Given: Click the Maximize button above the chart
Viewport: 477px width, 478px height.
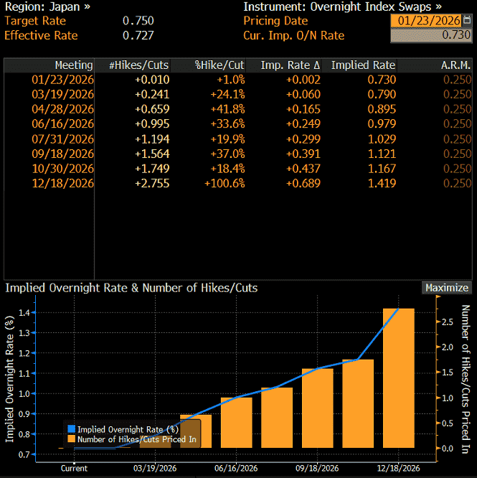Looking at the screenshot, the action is click(447, 288).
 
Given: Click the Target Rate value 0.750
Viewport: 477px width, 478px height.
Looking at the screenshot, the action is click(138, 21).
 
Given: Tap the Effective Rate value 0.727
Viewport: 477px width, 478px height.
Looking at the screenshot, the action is click(138, 35).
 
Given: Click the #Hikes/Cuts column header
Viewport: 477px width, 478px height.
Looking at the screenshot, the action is click(139, 65).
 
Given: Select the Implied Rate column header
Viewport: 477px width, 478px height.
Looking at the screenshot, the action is click(363, 65).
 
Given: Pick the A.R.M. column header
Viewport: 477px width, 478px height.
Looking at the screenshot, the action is click(455, 65).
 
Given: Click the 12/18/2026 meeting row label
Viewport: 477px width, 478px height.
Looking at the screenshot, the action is click(63, 183).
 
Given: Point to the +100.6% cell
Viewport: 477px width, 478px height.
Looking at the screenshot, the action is click(225, 183).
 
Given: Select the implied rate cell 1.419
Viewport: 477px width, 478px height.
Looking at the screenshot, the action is click(382, 183).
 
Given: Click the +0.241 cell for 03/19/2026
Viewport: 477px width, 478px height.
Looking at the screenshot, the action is click(152, 94).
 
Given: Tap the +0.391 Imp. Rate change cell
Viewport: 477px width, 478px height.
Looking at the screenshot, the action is click(303, 154).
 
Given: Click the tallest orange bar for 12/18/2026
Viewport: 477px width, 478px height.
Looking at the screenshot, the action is click(398, 378).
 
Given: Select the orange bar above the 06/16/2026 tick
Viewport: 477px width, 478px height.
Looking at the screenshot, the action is click(237, 423).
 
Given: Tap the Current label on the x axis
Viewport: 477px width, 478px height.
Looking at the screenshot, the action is click(74, 468).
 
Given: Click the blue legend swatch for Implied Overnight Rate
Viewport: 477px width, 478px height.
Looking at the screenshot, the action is click(71, 429).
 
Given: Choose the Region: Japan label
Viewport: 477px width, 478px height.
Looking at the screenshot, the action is click(47, 6).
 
